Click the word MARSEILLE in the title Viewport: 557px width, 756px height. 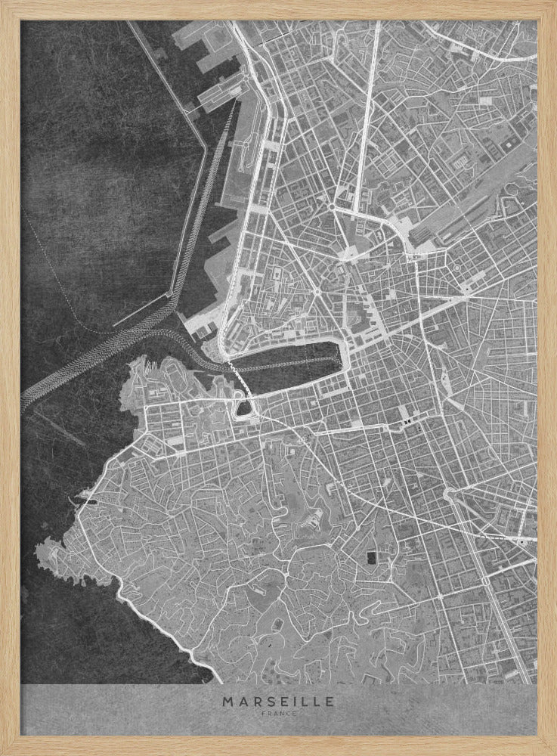click(278, 701)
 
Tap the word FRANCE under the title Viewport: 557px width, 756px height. click(278, 712)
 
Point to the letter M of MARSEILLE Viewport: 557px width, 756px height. click(227, 701)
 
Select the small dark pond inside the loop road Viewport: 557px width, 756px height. click(244, 408)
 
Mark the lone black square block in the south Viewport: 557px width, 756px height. click(370, 559)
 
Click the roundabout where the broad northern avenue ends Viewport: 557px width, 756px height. click(331, 206)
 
